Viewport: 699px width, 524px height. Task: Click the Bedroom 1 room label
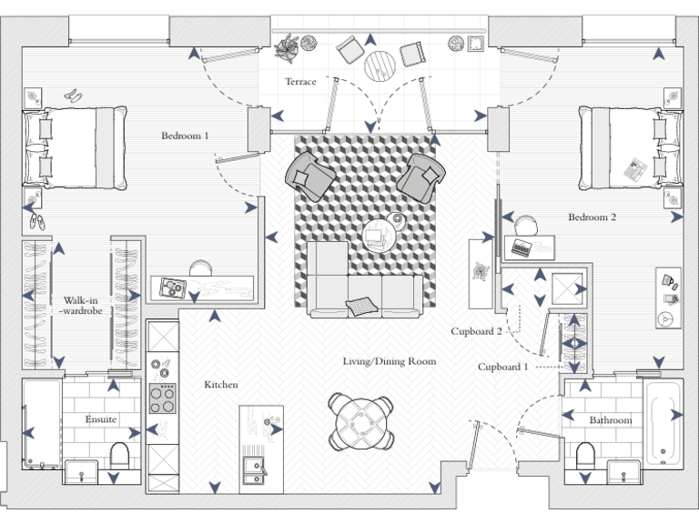[x=185, y=136]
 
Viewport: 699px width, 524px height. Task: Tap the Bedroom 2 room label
[x=593, y=217]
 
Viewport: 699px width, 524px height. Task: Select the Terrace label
[x=300, y=82]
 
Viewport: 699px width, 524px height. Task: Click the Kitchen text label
[x=221, y=385]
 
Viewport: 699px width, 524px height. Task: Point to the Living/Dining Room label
[x=390, y=361]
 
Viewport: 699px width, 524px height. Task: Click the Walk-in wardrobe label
[x=84, y=306]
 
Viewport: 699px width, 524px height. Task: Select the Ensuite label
[x=101, y=419]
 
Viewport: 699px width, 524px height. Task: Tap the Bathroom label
[x=610, y=420]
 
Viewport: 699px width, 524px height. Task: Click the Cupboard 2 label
[x=476, y=332]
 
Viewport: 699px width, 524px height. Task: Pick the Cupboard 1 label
[x=502, y=367]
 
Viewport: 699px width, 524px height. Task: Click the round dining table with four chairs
[x=361, y=419]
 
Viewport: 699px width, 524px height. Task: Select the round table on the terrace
[x=380, y=65]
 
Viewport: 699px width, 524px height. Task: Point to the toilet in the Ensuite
[x=119, y=453]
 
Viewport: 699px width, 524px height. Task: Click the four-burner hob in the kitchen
[x=163, y=398]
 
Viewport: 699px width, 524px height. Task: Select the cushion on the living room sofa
[x=360, y=305]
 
